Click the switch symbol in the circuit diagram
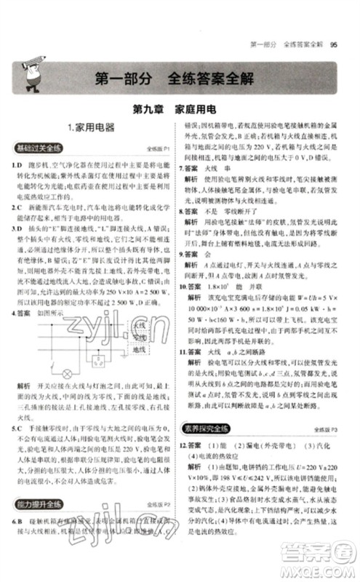[52, 362]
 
